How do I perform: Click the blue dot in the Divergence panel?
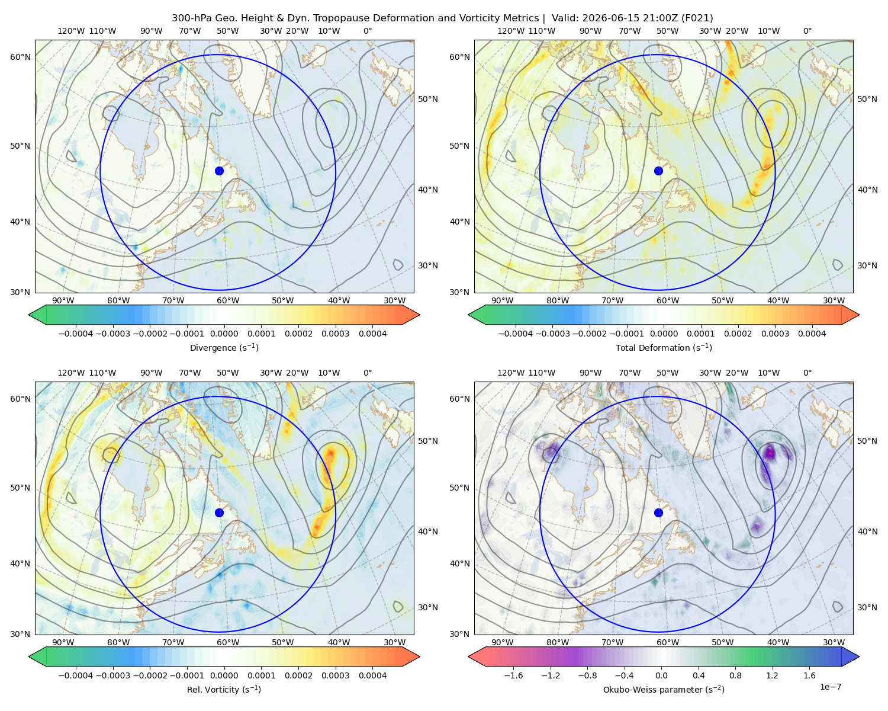pyautogui.click(x=219, y=171)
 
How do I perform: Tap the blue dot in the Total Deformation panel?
pyautogui.click(x=658, y=171)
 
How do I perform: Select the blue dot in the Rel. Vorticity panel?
pyautogui.click(x=219, y=513)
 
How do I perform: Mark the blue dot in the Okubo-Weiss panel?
pyautogui.click(x=658, y=513)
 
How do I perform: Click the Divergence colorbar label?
pyautogui.click(x=224, y=347)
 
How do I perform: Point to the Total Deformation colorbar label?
pyautogui.click(x=664, y=347)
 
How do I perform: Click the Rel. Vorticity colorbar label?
pyautogui.click(x=224, y=689)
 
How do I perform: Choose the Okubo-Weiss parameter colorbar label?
pyautogui.click(x=664, y=689)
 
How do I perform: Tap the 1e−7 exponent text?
pyautogui.click(x=830, y=687)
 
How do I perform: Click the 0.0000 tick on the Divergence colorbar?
pyautogui.click(x=224, y=334)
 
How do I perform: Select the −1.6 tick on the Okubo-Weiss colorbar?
pyautogui.click(x=513, y=675)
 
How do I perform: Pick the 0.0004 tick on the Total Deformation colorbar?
pyautogui.click(x=812, y=334)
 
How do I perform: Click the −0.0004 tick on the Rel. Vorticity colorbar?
pyautogui.click(x=76, y=675)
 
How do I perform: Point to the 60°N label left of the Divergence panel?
pyautogui.click(x=20, y=57)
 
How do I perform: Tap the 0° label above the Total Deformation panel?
pyautogui.click(x=807, y=31)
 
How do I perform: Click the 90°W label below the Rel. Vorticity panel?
pyautogui.click(x=63, y=642)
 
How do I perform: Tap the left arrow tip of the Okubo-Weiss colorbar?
pyautogui.click(x=469, y=656)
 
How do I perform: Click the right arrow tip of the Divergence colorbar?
pyautogui.click(x=419, y=315)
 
